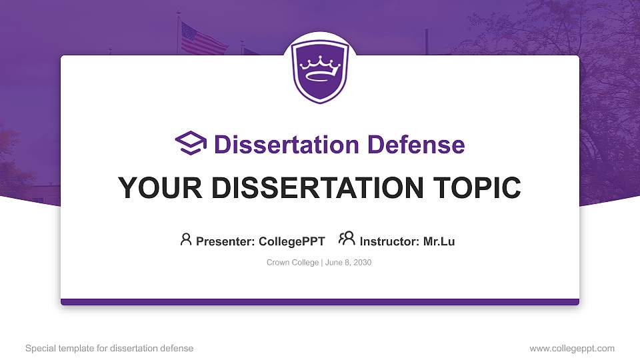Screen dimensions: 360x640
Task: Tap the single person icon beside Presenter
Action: tap(186, 239)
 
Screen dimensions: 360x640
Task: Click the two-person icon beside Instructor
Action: tap(347, 239)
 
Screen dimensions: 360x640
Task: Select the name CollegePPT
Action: tap(291, 241)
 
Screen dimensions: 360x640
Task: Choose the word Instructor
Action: tap(389, 241)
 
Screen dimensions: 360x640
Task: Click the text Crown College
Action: tap(292, 263)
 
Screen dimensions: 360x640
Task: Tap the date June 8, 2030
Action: tap(348, 263)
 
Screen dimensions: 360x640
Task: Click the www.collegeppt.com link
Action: tap(571, 348)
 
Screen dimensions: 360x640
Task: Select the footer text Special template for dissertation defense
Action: tap(109, 348)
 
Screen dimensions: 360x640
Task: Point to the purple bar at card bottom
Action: tap(320, 302)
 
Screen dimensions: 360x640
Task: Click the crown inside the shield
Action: tap(320, 67)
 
